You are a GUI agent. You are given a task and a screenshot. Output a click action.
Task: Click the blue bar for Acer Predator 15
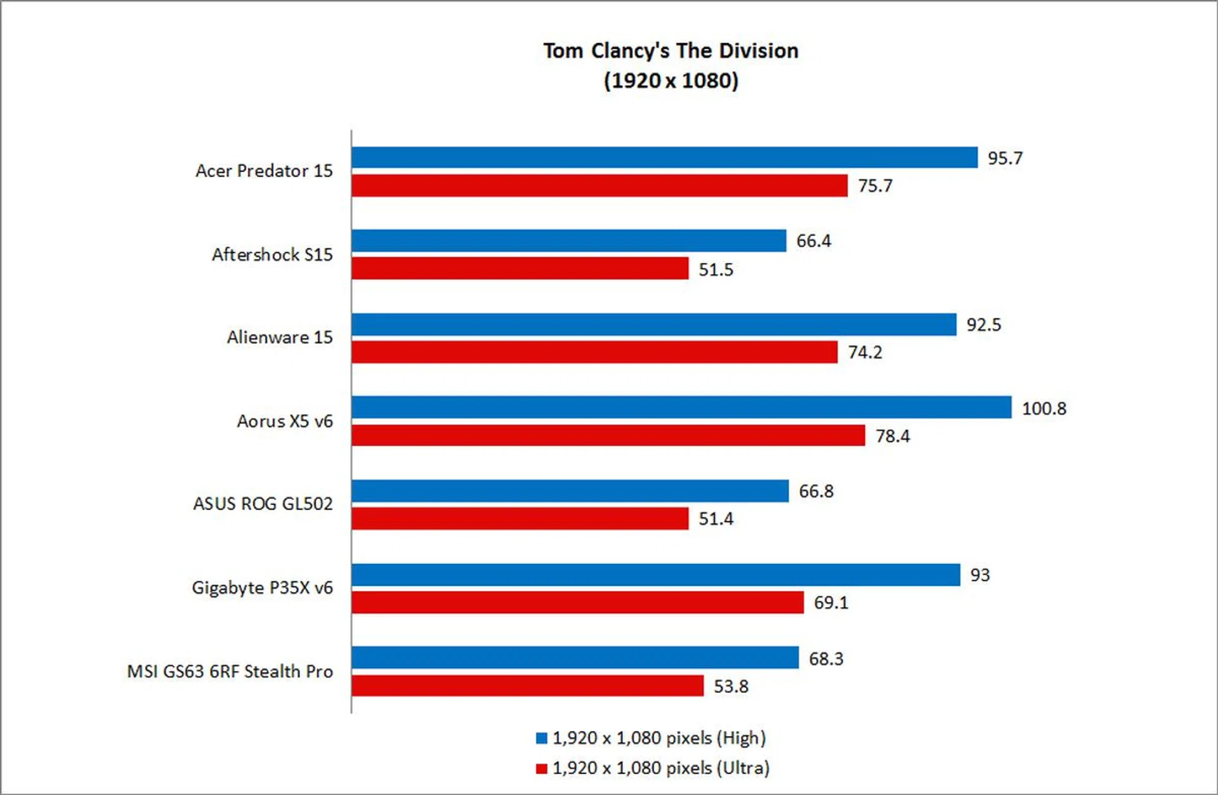(x=664, y=157)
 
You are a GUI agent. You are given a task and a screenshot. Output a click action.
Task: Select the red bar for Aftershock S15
(x=520, y=268)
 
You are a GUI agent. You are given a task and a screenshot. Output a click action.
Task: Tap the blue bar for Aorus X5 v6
(x=681, y=407)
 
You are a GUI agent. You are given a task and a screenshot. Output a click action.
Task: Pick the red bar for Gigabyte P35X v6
(x=577, y=602)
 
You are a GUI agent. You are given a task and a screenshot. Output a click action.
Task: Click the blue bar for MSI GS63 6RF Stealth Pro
(x=575, y=658)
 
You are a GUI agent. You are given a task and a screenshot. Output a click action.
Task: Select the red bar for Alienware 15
(x=594, y=352)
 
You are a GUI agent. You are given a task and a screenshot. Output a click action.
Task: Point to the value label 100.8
(x=1044, y=409)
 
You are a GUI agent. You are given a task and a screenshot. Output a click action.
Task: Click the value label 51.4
(x=716, y=519)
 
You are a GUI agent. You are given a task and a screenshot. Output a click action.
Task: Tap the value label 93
(x=979, y=575)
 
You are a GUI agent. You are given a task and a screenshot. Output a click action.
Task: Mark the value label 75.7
(x=875, y=186)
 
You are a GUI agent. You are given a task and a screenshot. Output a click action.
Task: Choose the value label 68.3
(x=826, y=659)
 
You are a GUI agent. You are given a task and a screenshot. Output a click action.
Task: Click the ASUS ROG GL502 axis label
(x=263, y=504)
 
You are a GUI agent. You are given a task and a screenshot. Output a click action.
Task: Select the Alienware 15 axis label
(x=280, y=337)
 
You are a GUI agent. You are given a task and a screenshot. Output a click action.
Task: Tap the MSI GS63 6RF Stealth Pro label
(x=230, y=671)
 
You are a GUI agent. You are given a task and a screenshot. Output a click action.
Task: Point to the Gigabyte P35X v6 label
(x=262, y=588)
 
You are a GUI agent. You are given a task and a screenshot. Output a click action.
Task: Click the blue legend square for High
(x=541, y=738)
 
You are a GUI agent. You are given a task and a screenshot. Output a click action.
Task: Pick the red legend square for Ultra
(x=541, y=768)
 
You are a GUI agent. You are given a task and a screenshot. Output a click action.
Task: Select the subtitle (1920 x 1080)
(x=671, y=81)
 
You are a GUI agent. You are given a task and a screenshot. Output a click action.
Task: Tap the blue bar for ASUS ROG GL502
(x=570, y=491)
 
